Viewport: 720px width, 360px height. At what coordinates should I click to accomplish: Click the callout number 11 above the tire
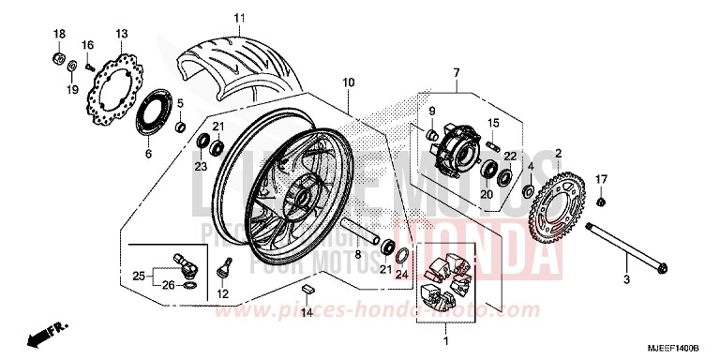[x=239, y=18]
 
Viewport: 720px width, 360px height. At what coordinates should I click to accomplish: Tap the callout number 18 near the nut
[x=58, y=34]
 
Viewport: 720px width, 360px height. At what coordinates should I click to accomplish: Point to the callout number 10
[x=348, y=82]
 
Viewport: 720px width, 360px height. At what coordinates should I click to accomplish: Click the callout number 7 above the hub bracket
[x=457, y=72]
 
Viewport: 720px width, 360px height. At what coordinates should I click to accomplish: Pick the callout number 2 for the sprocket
[x=558, y=152]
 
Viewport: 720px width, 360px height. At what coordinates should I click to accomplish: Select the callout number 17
[x=603, y=178]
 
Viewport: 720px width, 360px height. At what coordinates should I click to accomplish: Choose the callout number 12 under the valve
[x=222, y=293]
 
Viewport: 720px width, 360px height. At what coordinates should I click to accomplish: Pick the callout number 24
[x=402, y=275]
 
